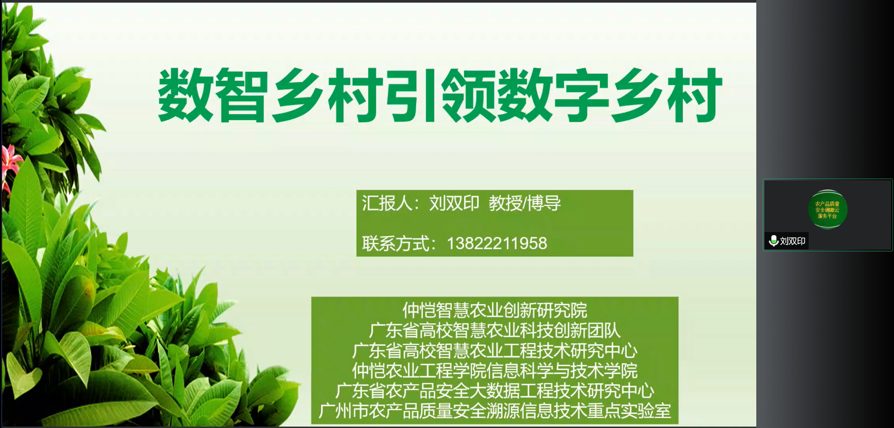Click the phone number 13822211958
497,244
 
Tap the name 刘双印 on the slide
454,203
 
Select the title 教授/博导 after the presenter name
525,203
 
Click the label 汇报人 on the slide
386,203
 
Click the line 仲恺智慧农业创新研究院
495,310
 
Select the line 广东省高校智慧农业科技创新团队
495,330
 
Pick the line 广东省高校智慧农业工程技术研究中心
495,350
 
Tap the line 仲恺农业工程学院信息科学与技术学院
495,370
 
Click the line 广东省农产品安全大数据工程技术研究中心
495,391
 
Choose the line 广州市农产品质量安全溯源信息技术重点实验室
495,411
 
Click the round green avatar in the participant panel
827,210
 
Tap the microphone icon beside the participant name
774,241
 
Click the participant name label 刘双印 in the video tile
793,241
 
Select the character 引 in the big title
411,95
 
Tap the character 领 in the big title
468,95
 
